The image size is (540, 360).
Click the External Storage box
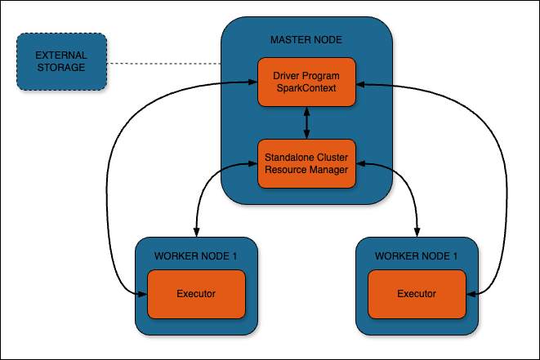point(61,62)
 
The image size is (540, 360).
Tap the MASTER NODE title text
point(306,40)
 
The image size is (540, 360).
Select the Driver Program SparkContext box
point(306,82)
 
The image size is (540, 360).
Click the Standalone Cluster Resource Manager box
point(306,163)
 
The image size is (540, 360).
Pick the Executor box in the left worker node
point(196,293)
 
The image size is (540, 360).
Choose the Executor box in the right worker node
point(417,293)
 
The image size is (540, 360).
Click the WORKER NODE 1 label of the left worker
point(195,256)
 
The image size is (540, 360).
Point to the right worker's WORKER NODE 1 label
point(416,256)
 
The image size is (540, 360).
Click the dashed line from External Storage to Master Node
point(163,63)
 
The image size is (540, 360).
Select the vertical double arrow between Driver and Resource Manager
point(306,122)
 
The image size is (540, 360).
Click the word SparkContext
point(306,88)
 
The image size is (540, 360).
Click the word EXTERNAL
point(61,56)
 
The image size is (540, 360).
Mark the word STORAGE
point(61,68)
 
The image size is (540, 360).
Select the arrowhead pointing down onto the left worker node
point(195,232)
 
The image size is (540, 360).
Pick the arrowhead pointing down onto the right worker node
point(417,232)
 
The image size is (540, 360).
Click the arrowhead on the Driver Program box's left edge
point(252,81)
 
